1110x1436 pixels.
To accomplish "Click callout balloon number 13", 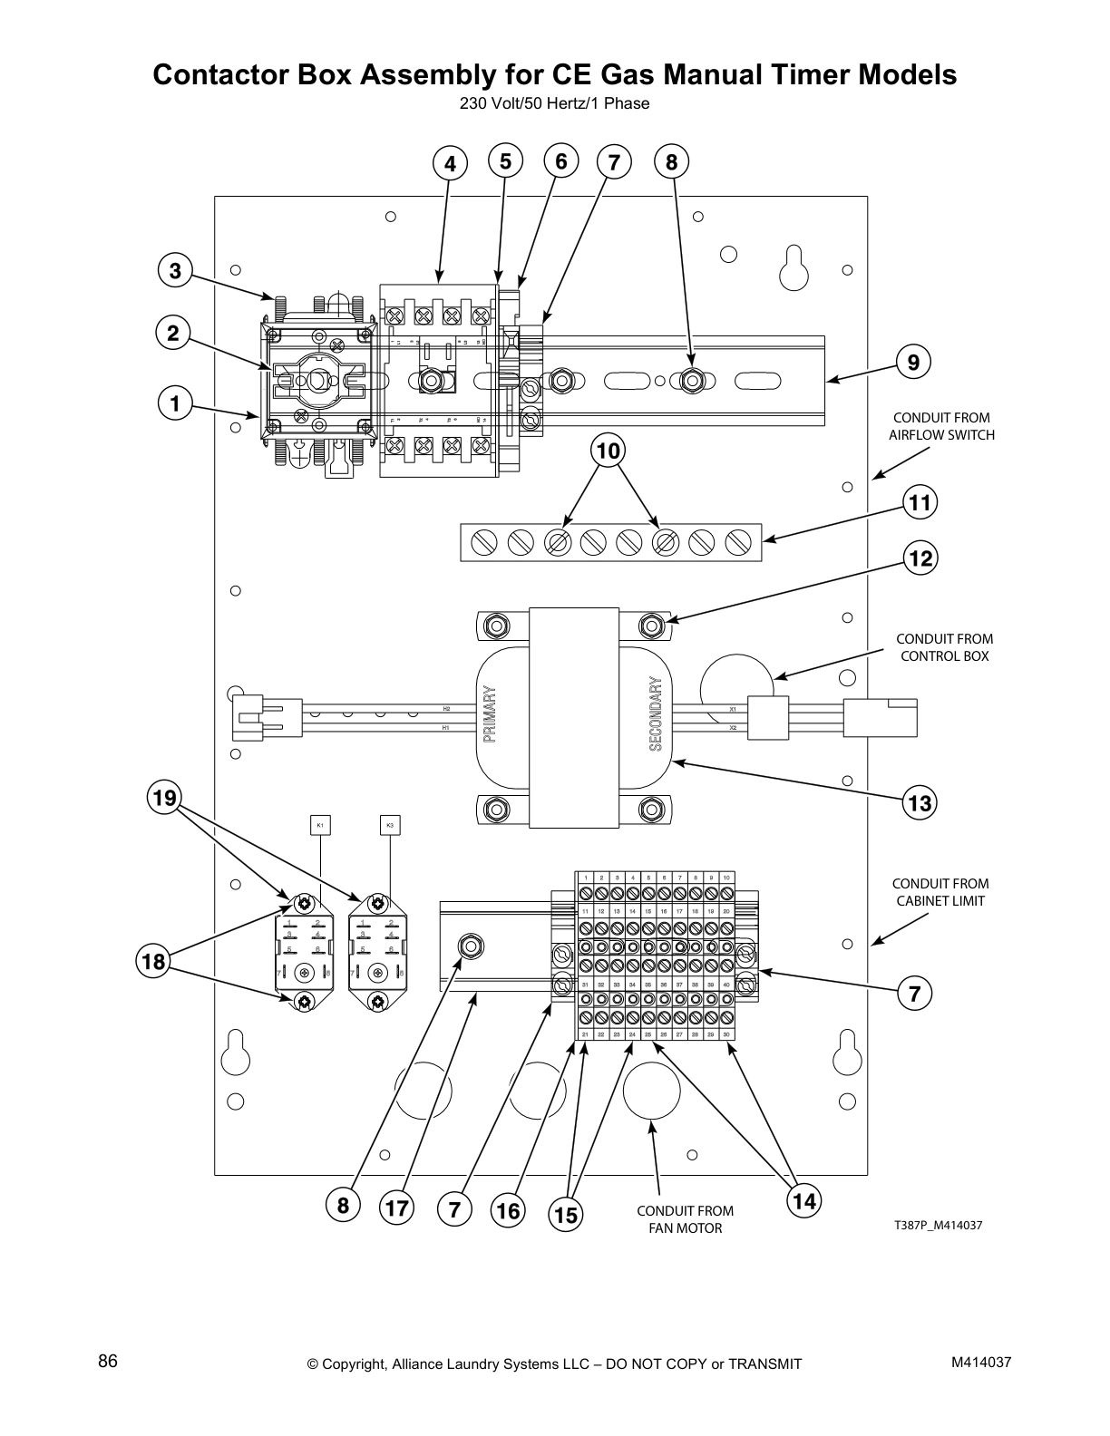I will [920, 802].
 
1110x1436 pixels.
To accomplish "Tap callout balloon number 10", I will [609, 450].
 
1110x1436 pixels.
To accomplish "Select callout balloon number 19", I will [164, 797].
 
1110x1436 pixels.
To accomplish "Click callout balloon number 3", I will [175, 270].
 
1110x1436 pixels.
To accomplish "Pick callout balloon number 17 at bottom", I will [396, 1208].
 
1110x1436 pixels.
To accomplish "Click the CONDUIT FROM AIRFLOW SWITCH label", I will [940, 426].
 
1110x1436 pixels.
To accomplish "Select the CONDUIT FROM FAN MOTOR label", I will [685, 1219].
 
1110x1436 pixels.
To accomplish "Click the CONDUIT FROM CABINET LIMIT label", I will [940, 892].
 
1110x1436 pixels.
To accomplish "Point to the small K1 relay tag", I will [319, 826].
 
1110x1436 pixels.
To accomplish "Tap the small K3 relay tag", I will [390, 826].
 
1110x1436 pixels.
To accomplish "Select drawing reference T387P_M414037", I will [938, 1226].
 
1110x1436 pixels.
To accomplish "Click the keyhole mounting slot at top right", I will [794, 267].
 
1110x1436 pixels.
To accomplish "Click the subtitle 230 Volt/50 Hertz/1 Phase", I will [554, 103].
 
